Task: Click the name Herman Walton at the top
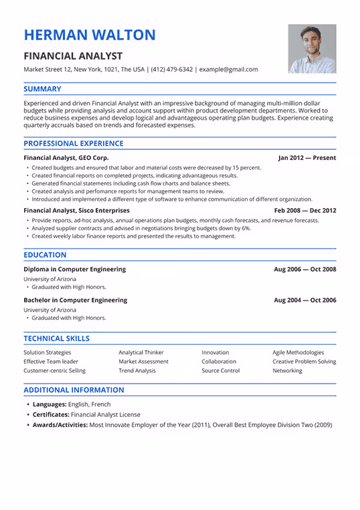[x=90, y=35]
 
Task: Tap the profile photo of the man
[x=312, y=49]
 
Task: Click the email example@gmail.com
[x=228, y=70]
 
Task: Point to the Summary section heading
[x=42, y=89]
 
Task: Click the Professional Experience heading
[x=73, y=143]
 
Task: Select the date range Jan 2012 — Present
[x=307, y=158]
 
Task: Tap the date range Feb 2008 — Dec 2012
[x=305, y=210]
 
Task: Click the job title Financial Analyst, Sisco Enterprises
[x=76, y=210]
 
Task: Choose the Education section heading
[x=45, y=255]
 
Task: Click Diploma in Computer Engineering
[x=74, y=269]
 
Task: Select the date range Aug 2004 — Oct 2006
[x=305, y=300]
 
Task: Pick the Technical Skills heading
[x=56, y=339]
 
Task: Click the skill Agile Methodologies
[x=298, y=352]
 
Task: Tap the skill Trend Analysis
[x=137, y=371]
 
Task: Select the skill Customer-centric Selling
[x=54, y=371]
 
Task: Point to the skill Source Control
[x=220, y=371]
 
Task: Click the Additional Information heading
[x=74, y=390]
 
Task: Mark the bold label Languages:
[x=48, y=405]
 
